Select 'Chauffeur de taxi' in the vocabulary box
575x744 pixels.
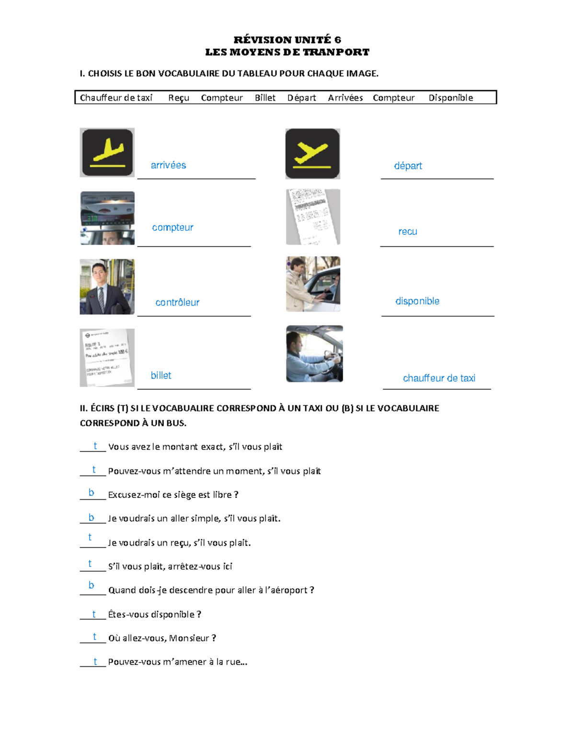116,98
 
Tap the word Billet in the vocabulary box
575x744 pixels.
265,98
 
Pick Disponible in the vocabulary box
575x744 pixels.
451,98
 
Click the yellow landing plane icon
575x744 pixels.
107,153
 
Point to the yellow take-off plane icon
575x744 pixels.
312,154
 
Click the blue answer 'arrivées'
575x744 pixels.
169,165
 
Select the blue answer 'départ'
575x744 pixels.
408,166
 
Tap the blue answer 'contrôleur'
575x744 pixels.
177,302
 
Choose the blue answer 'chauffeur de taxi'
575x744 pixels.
439,378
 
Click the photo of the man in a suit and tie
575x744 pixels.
107,286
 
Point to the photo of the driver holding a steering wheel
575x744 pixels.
314,354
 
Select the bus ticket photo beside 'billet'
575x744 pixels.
107,358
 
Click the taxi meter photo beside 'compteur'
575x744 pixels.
107,218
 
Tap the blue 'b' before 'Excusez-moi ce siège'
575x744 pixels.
92,492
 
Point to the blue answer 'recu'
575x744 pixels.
408,232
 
